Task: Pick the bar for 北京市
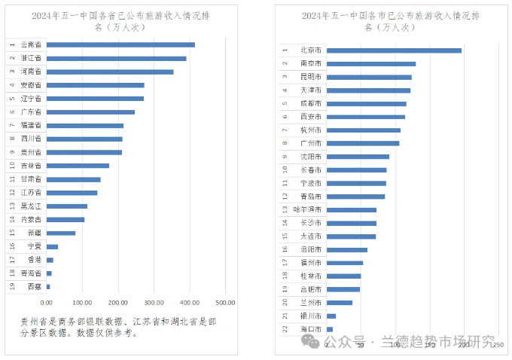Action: click(x=393, y=50)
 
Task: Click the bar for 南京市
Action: click(x=370, y=64)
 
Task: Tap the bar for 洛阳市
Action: click(x=346, y=249)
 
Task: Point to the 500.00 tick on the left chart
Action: click(x=225, y=302)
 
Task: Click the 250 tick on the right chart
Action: click(x=497, y=343)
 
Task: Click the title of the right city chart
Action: click(x=390, y=20)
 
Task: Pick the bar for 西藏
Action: click(x=48, y=286)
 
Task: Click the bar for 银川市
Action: click(x=331, y=316)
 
